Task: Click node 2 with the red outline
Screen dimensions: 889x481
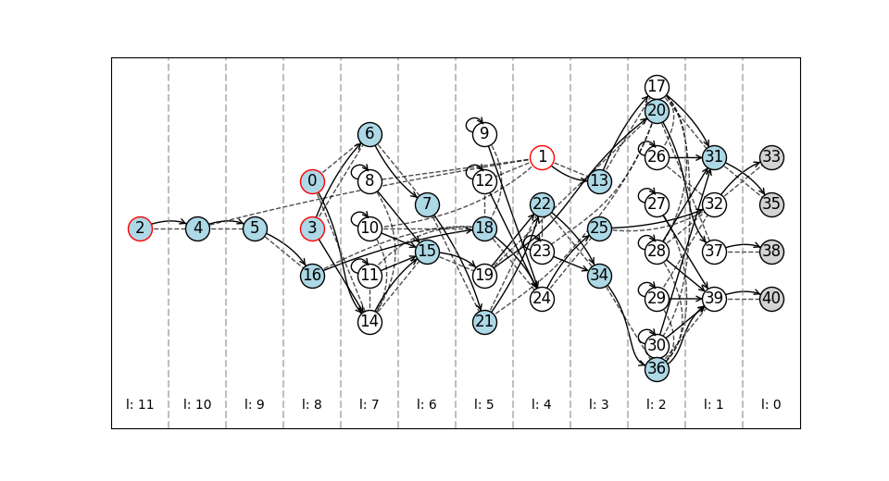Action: [140, 228]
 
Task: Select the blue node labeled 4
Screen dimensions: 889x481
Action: [197, 228]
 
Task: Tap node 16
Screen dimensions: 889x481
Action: [312, 276]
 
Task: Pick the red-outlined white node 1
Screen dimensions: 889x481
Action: [542, 157]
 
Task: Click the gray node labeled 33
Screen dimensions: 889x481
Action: [771, 157]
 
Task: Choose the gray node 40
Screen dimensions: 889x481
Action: [771, 299]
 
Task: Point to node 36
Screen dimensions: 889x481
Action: [657, 369]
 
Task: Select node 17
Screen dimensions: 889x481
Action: [657, 87]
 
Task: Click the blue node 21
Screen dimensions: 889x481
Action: [484, 323]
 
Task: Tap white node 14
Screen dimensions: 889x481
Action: [369, 323]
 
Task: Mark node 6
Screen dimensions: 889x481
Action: [369, 134]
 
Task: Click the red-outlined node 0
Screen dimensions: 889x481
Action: [312, 182]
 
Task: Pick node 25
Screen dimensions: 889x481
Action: [599, 228]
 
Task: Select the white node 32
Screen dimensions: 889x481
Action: [714, 204]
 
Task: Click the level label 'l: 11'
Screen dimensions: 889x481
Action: [140, 404]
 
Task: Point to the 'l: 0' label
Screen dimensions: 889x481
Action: [771, 404]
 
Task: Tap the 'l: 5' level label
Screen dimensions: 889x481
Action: [484, 404]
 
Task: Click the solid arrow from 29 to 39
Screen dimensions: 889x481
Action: [685, 299]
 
